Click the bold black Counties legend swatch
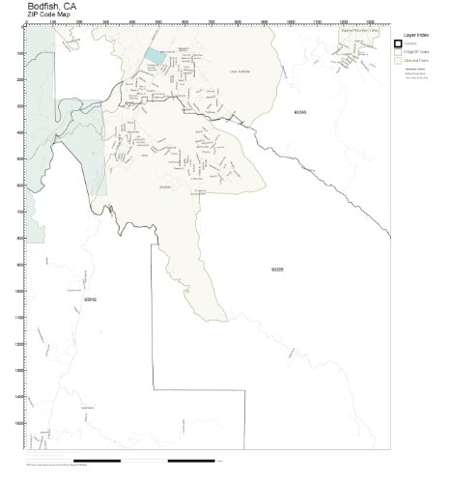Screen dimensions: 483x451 coord(397,43)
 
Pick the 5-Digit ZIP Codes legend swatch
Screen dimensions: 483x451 coord(397,52)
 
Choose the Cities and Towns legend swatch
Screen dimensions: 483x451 coord(397,61)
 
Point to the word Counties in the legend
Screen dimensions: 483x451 coord(410,43)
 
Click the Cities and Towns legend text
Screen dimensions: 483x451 coord(416,61)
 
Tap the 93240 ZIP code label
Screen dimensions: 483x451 coord(299,113)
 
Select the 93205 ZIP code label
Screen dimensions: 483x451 coord(277,270)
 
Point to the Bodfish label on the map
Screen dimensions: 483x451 coord(163,186)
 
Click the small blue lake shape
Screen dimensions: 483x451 coord(155,57)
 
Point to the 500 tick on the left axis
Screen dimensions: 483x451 coord(22,158)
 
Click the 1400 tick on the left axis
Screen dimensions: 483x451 coord(21,396)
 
